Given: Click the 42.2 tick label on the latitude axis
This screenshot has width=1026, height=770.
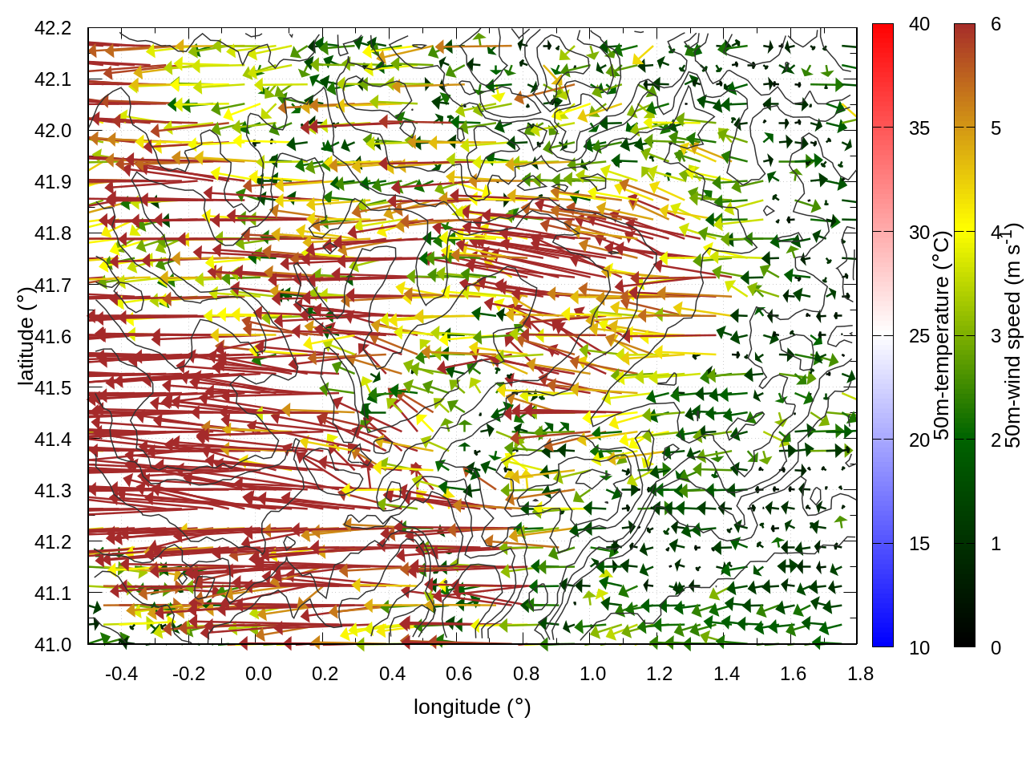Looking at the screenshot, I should [x=53, y=28].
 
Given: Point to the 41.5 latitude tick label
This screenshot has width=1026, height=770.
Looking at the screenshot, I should [x=53, y=388].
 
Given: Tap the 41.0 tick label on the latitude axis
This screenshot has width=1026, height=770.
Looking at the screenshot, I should [x=53, y=645].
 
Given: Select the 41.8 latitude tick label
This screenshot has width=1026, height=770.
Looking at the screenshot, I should [x=53, y=233].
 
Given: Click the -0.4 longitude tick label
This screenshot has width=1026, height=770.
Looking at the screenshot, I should [x=121, y=674].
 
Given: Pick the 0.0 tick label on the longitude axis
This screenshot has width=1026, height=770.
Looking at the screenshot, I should [x=258, y=674].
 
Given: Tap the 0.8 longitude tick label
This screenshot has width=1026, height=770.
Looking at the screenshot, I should [x=526, y=674].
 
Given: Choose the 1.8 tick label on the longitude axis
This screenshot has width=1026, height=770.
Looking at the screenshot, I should [x=860, y=674].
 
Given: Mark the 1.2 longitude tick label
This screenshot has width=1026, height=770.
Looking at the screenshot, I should [x=660, y=674].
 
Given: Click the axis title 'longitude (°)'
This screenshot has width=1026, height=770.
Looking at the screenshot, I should [x=472, y=707].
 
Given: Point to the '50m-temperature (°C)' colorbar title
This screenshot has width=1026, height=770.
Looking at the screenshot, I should [x=942, y=335].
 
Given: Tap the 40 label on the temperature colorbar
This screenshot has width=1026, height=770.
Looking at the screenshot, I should [x=919, y=25].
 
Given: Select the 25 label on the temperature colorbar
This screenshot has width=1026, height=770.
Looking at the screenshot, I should [x=919, y=336].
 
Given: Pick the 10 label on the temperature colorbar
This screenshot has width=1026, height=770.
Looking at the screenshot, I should [x=919, y=647].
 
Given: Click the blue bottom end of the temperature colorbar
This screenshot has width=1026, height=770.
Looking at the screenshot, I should [x=883, y=638].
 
